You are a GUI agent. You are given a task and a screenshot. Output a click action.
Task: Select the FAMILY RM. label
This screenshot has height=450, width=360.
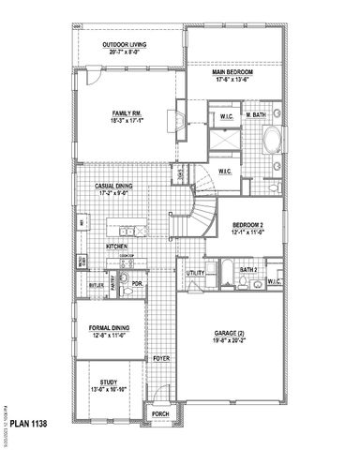(125, 115)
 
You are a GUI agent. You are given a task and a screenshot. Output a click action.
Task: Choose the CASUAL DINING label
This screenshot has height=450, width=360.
(114, 187)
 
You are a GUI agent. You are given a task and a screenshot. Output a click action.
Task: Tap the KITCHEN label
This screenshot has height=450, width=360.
(116, 246)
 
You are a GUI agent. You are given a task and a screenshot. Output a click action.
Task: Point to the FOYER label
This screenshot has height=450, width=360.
(162, 358)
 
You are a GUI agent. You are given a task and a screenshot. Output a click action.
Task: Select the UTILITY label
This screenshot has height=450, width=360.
(196, 273)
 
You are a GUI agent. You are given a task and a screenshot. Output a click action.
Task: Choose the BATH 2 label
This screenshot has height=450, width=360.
(248, 269)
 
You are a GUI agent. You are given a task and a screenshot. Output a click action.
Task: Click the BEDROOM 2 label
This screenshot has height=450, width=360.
(249, 224)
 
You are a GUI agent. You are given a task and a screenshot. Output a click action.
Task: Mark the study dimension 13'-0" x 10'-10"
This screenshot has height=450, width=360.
(110, 388)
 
